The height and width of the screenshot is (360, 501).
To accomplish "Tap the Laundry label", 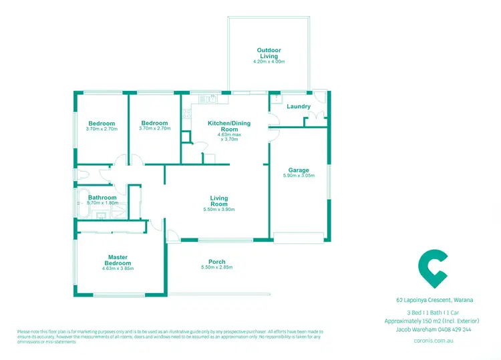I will (298, 106).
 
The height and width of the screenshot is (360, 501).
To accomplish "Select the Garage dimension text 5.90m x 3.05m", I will (299, 176).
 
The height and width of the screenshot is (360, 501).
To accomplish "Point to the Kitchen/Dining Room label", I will (228, 126).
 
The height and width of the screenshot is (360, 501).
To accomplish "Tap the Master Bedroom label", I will (118, 260).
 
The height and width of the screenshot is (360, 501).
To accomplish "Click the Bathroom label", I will (102, 198).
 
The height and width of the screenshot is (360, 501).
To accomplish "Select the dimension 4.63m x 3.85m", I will (118, 268).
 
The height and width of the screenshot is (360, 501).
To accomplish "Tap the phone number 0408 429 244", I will (461, 329).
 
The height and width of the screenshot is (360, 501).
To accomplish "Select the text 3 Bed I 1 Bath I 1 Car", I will (437, 313).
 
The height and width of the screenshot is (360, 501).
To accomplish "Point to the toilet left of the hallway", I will (81, 174).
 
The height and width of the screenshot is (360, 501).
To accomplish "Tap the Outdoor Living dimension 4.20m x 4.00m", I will (269, 61).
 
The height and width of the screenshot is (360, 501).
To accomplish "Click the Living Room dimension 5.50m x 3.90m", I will (219, 210).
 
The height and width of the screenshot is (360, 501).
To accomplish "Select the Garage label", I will (299, 169).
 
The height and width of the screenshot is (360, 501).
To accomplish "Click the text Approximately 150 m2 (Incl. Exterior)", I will (437, 321).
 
